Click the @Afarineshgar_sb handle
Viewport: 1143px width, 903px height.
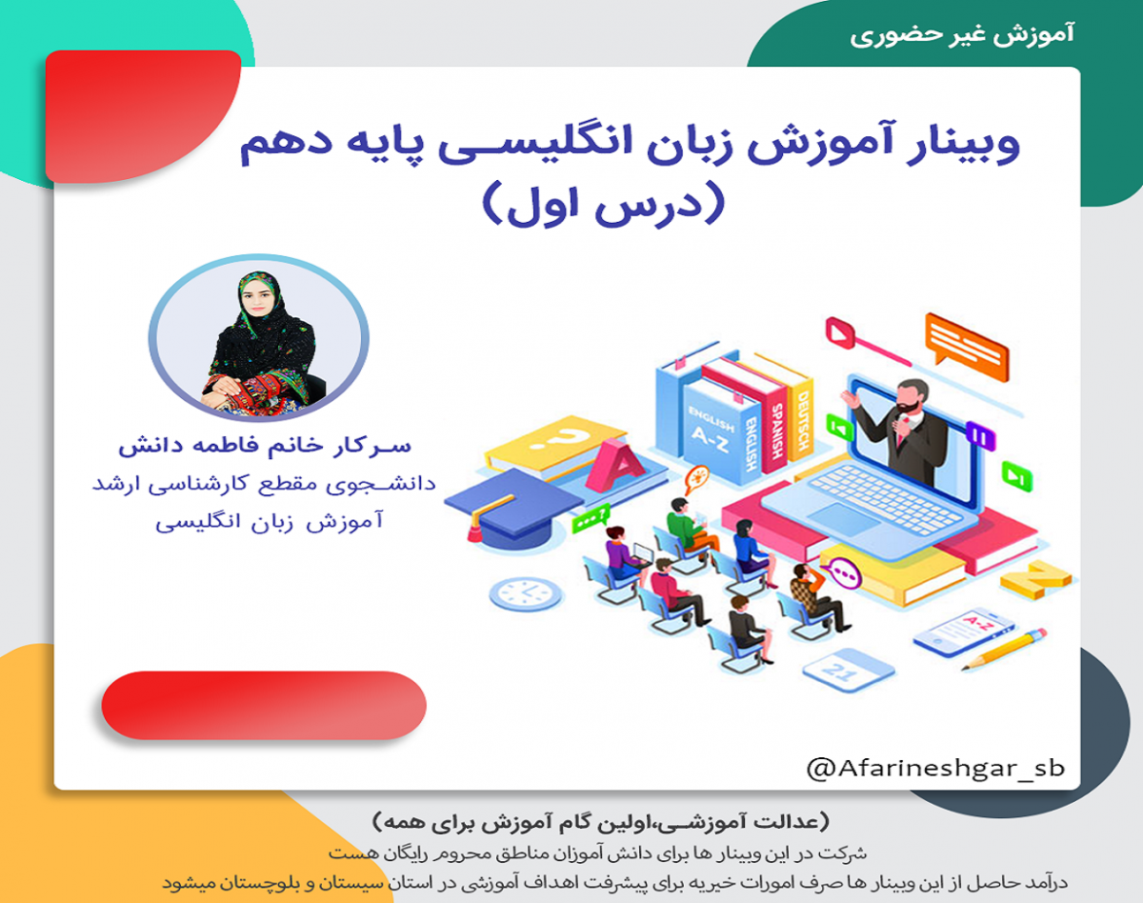point(934,768)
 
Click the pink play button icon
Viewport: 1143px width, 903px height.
point(839,334)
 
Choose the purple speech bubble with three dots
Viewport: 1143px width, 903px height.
point(843,574)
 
